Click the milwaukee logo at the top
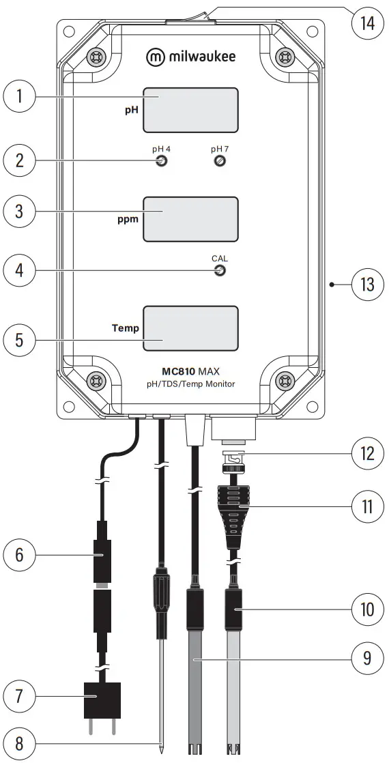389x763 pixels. tap(190, 57)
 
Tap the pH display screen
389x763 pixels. tap(190, 109)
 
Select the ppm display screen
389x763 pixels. tap(190, 218)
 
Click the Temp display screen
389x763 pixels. tap(190, 328)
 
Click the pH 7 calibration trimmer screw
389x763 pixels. tap(220, 162)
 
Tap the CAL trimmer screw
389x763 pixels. tap(220, 272)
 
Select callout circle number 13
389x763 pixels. tap(368, 283)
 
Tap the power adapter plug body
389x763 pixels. tap(102, 701)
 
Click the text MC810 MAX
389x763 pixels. tap(190, 372)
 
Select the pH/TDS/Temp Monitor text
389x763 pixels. tap(190, 384)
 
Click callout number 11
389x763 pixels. tap(368, 506)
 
